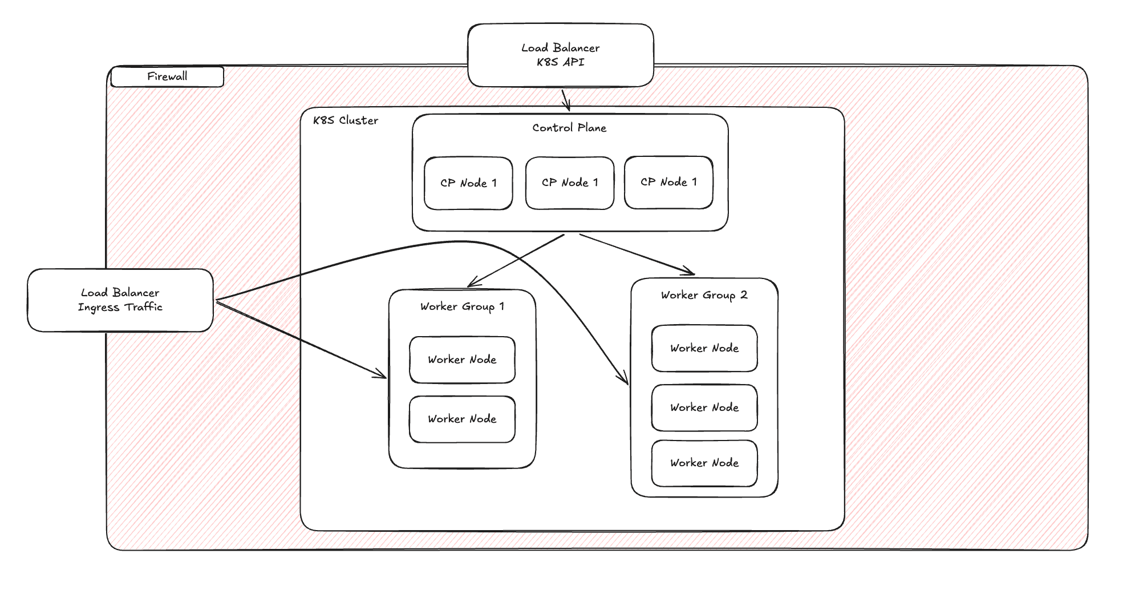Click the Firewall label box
(x=167, y=76)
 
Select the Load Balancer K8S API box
(x=560, y=55)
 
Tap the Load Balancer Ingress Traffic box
(x=120, y=300)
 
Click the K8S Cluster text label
(x=346, y=120)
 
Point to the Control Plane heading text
(x=569, y=128)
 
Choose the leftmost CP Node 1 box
(x=468, y=183)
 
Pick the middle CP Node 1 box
(x=570, y=183)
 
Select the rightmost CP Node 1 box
(x=668, y=182)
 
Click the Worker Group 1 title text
(x=462, y=306)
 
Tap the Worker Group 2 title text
(x=704, y=295)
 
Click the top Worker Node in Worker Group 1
(x=462, y=359)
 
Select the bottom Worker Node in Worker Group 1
(x=462, y=419)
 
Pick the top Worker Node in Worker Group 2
(x=704, y=348)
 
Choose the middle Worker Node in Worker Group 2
(x=704, y=407)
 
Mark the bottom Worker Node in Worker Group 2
(x=704, y=463)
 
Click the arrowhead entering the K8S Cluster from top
(x=567, y=107)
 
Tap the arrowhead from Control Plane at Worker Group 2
(x=690, y=273)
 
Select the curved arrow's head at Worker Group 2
(x=626, y=381)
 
